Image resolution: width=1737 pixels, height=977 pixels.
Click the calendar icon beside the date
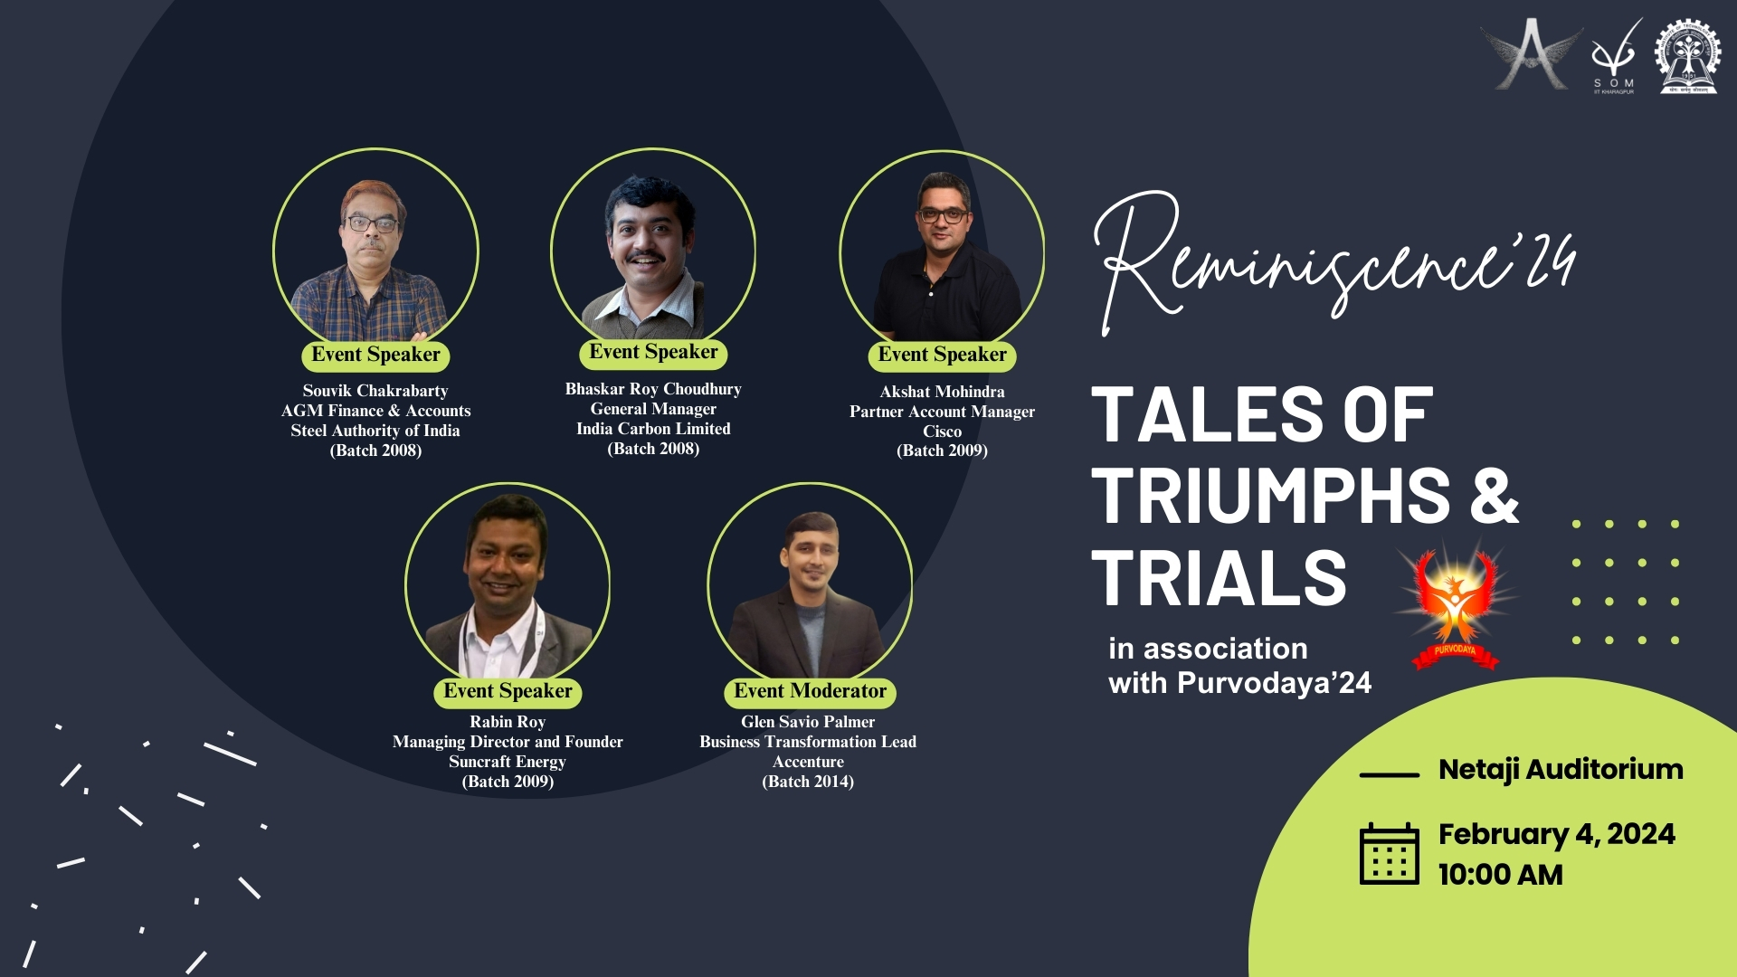coord(1389,854)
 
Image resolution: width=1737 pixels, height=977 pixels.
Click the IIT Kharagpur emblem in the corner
coord(1688,56)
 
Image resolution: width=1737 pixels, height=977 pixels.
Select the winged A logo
coord(1531,54)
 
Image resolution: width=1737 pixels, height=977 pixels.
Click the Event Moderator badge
coord(810,692)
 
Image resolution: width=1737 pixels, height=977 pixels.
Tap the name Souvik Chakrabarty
coord(375,391)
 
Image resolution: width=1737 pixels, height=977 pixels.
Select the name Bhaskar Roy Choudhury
coord(653,389)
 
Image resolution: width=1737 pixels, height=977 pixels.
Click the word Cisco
coord(942,432)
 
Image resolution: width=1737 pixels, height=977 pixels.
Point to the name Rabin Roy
coord(508,722)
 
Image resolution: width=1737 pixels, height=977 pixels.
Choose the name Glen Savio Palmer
coord(808,722)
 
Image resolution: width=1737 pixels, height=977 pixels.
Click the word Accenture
coord(808,762)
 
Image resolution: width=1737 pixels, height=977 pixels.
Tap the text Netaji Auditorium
coord(1561,770)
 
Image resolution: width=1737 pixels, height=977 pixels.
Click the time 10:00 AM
coord(1501,875)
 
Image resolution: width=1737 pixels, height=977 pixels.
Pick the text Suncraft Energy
coord(508,762)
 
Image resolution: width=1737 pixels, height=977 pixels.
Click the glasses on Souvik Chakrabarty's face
coord(371,223)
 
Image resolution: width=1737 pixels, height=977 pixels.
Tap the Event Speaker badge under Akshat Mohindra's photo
coord(942,356)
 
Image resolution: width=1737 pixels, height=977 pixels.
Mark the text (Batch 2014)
coord(808,782)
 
